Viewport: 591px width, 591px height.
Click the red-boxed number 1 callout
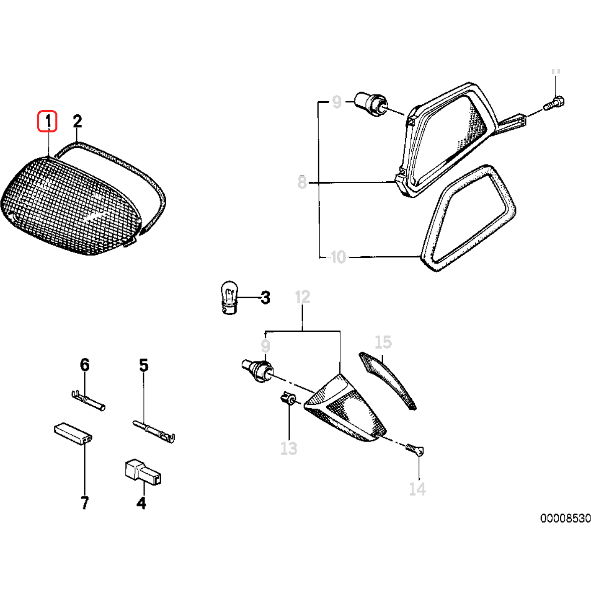[48, 121]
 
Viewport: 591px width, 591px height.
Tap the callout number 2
[77, 121]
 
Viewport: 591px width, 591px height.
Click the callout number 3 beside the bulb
[265, 298]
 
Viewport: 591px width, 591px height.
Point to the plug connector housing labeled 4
[142, 472]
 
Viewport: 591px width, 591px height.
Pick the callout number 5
[143, 365]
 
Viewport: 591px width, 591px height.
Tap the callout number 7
[84, 502]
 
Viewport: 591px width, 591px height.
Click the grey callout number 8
[302, 182]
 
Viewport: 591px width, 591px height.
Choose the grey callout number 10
[338, 257]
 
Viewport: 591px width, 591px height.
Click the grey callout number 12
[302, 298]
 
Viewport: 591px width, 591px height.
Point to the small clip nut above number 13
[288, 399]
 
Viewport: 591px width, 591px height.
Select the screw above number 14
[416, 449]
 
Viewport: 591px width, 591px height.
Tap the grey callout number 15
[383, 342]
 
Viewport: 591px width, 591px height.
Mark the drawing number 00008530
[565, 518]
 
